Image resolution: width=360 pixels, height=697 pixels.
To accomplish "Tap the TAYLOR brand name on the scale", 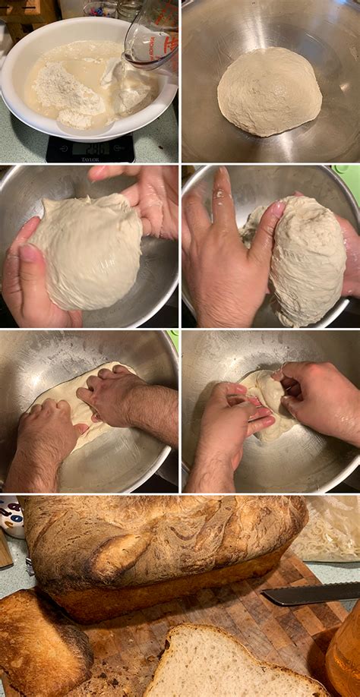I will pyautogui.click(x=90, y=159).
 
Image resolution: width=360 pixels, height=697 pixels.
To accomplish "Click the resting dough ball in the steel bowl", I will pyautogui.click(x=269, y=91).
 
